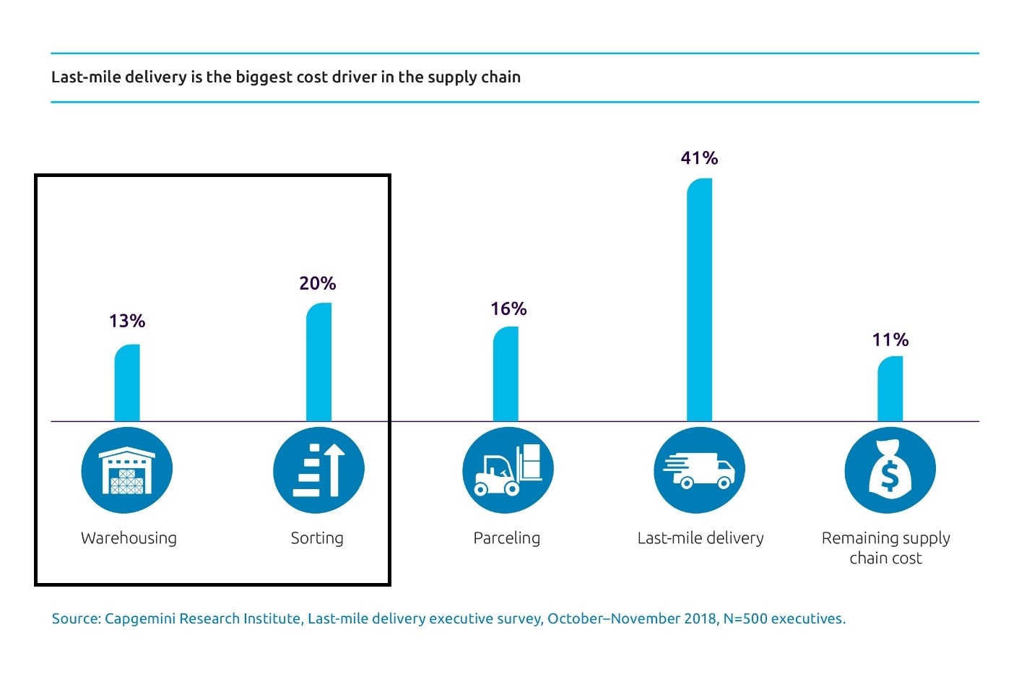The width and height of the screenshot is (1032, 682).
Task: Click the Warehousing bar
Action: pos(127,383)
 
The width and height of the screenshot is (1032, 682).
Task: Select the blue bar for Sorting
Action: pos(318,362)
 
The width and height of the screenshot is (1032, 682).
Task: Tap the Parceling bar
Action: pos(506,374)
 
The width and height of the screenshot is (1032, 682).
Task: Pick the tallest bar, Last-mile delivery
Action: pos(699,300)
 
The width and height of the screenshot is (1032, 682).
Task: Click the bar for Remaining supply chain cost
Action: pos(890,389)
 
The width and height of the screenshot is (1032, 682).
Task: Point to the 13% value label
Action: pos(127,321)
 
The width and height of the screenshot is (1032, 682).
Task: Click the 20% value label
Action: pos(318,283)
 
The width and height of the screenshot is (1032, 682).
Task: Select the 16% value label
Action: pos(508,309)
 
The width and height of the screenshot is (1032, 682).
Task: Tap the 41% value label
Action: pos(699,158)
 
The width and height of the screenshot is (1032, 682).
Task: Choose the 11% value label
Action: pos(890,340)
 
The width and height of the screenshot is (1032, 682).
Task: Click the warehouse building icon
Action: pos(127,470)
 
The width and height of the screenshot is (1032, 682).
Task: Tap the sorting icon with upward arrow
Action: pos(318,470)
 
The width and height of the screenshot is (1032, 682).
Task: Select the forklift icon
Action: pos(508,470)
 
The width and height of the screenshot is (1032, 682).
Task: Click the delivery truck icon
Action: pos(699,470)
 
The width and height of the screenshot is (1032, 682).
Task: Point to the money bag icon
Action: pos(890,470)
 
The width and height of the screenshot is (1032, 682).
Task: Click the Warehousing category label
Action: pos(129,538)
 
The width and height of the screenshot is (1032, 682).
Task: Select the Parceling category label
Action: pos(506,538)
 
